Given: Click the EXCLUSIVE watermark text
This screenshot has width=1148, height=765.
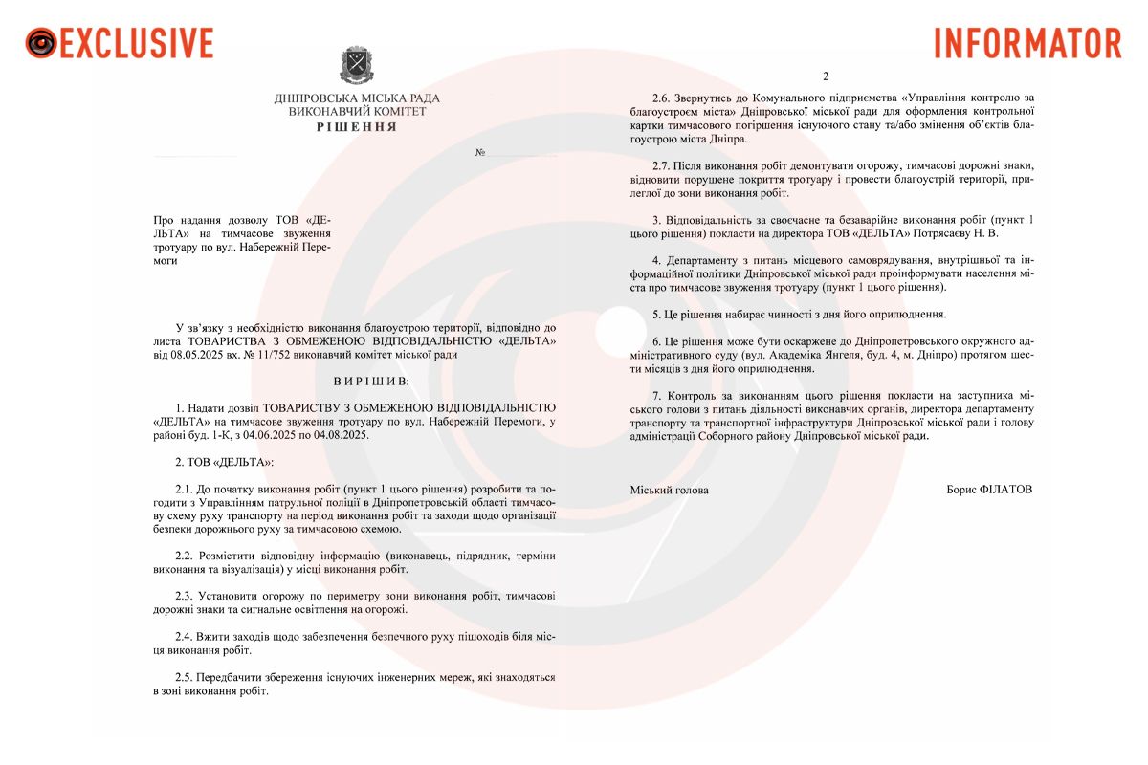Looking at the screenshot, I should tap(137, 43).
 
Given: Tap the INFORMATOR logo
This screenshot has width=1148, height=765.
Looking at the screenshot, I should tap(1027, 43).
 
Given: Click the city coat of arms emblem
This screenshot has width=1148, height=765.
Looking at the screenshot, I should tap(357, 65).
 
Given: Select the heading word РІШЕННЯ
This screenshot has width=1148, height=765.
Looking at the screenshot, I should tap(357, 126).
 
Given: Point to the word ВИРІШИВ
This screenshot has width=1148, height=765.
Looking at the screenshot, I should tap(371, 381).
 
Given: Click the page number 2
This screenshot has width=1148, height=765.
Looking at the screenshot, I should tap(826, 76).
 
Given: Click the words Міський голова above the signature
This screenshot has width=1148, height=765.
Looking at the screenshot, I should tap(670, 490).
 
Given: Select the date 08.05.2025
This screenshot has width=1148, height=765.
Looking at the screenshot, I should tap(200, 354).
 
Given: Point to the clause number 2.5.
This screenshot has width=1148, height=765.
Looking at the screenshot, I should tap(185, 676).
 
